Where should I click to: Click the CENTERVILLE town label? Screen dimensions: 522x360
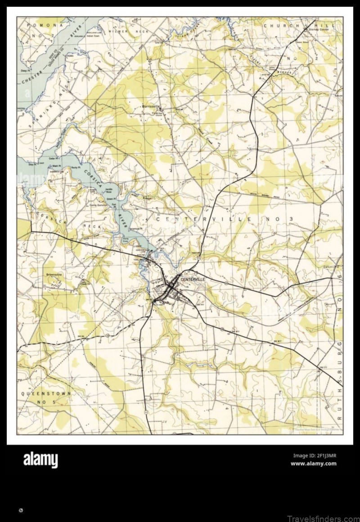[193, 279]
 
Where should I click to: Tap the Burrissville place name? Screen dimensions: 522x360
[151, 107]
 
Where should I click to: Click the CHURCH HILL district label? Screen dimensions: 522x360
[299, 26]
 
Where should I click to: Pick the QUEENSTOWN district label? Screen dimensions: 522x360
[46, 393]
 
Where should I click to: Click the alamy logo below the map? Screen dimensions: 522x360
[40, 460]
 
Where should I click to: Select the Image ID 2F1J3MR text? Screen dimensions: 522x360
[314, 455]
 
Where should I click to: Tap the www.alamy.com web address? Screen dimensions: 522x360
[314, 464]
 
